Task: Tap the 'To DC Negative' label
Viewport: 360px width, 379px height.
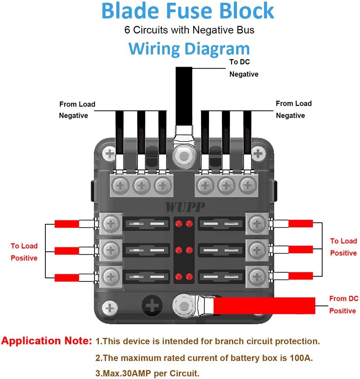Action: click(x=243, y=68)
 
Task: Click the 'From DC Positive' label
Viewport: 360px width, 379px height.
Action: click(x=344, y=305)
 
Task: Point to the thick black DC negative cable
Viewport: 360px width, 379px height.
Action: click(x=184, y=94)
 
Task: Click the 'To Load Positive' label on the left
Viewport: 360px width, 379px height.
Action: click(x=24, y=252)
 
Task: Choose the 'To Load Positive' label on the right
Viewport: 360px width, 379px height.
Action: click(x=343, y=247)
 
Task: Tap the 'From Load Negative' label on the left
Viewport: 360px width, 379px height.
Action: click(x=77, y=110)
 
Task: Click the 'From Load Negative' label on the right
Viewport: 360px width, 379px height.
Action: click(x=293, y=109)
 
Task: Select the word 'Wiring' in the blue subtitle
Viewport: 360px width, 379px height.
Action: click(x=154, y=49)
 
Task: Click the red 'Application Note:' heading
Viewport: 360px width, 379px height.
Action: click(x=47, y=341)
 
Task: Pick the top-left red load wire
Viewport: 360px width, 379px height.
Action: click(x=67, y=224)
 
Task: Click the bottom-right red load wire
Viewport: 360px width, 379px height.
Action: click(x=301, y=276)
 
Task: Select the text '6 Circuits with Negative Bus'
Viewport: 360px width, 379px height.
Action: click(x=189, y=30)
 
